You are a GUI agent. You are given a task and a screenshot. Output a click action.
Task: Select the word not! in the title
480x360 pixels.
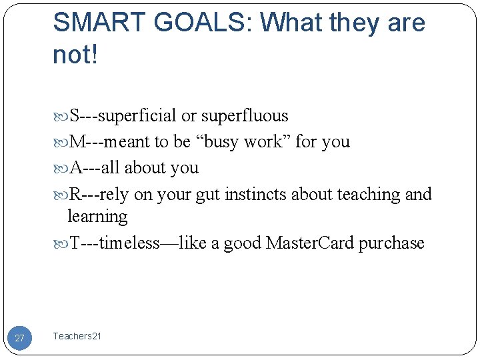(x=75, y=55)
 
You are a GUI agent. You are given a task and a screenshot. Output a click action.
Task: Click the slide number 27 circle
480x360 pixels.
(x=19, y=338)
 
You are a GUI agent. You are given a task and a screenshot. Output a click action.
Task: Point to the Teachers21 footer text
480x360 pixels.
(x=77, y=337)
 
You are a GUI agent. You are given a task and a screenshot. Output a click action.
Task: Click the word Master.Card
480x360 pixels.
(x=310, y=243)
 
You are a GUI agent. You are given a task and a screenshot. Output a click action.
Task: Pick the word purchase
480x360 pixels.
(x=391, y=243)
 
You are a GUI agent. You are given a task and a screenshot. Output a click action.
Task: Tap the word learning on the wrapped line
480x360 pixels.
(x=97, y=217)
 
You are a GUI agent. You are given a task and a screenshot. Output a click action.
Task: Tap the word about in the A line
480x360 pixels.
(x=146, y=168)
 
